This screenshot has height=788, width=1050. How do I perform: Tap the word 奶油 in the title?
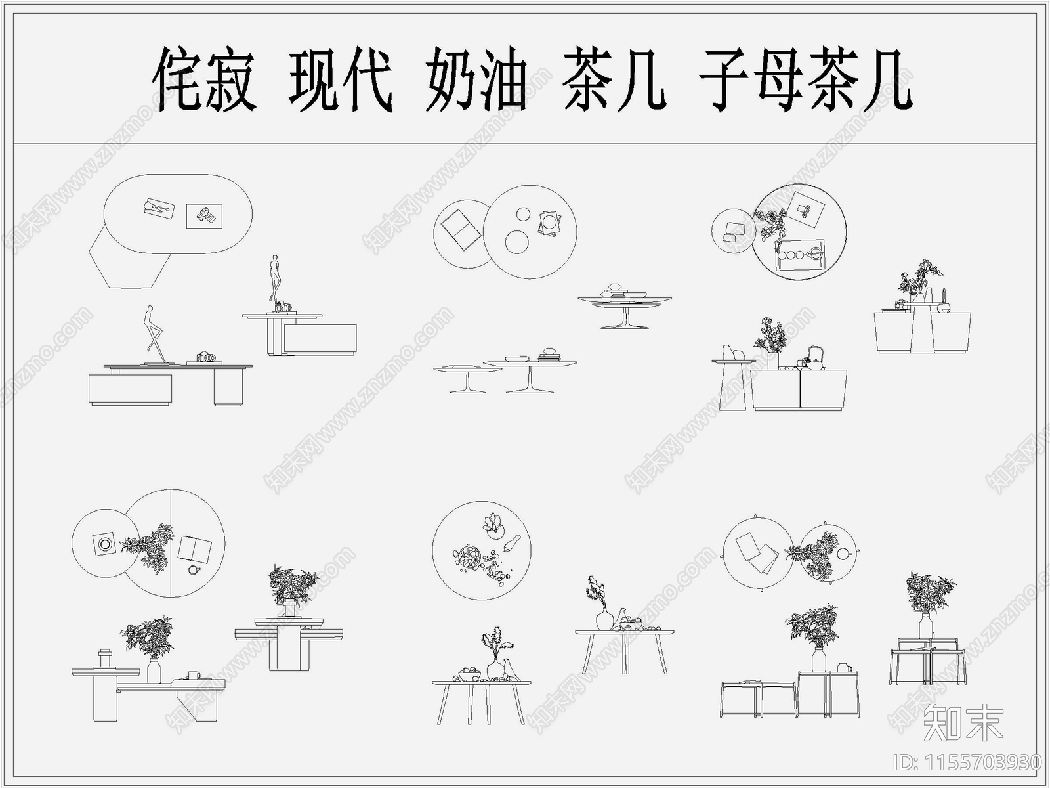[475, 80]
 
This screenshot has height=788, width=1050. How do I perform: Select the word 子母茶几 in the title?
[806, 80]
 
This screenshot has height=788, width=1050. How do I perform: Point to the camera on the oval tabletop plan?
[205, 215]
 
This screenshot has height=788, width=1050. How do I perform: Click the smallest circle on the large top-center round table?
[523, 214]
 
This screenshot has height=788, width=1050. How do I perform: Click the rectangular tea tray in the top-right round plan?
[799, 253]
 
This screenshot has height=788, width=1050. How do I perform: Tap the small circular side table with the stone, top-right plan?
[732, 230]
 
